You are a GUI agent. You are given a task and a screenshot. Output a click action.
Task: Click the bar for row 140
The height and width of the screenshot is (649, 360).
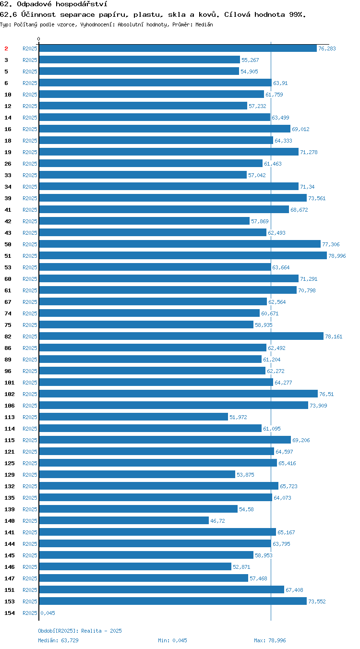point(124,520)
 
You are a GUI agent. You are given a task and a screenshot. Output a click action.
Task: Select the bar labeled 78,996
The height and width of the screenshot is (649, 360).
point(183,255)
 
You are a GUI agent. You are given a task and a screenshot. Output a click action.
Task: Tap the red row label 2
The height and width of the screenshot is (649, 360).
point(6,48)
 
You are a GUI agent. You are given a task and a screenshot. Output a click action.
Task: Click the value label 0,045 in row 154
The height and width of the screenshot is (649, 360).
point(48,613)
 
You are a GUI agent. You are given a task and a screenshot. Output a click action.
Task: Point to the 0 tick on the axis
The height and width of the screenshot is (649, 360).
point(38,39)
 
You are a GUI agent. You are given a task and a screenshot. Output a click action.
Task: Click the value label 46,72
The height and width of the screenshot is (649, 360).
point(217,521)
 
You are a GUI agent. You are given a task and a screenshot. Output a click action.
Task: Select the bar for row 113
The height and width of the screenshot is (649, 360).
point(133,417)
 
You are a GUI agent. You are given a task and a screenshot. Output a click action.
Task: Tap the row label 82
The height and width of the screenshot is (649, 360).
point(8,337)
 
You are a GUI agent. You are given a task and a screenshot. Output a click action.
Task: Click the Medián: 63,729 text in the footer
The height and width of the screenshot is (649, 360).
point(58,640)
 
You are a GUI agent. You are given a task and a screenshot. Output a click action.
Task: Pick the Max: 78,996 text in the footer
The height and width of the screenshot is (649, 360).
point(270,640)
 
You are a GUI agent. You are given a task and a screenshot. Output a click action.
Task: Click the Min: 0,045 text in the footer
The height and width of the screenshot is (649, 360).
point(173,640)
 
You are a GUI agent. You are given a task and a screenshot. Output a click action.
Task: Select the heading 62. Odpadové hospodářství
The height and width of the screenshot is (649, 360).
point(54,4)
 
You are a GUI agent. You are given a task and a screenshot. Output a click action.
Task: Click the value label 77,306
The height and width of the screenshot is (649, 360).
point(331,244)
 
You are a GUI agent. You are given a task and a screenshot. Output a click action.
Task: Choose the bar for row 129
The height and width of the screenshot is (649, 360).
point(137,474)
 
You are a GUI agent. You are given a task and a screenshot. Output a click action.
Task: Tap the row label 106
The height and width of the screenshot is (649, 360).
point(9,406)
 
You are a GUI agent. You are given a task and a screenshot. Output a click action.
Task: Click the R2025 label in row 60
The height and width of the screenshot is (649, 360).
point(30,279)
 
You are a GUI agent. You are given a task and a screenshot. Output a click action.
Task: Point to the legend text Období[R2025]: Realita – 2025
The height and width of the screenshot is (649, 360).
point(80,631)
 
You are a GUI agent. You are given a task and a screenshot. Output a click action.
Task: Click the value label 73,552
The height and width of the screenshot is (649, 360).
point(317,601)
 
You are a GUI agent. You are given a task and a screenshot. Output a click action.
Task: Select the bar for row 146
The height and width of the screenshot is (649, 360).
point(135,566)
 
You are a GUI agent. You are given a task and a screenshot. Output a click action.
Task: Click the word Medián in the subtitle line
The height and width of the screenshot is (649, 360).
point(204,24)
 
